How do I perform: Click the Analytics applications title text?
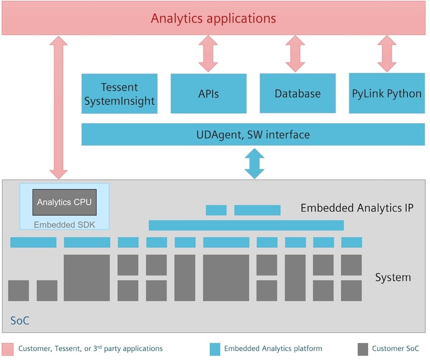(x=213, y=19)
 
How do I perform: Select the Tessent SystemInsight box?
(x=119, y=94)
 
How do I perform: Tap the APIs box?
(x=208, y=94)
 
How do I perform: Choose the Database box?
(x=297, y=93)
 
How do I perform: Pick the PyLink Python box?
(x=386, y=93)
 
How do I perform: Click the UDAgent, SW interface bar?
(x=253, y=134)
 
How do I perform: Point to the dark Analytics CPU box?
(x=64, y=202)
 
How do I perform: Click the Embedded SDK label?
(x=64, y=224)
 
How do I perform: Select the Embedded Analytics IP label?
(x=357, y=208)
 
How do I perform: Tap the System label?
(x=393, y=277)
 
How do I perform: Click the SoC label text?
(x=20, y=321)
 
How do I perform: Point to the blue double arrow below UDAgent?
(x=254, y=164)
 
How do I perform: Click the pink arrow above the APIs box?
(x=208, y=54)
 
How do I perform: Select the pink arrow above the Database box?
(x=295, y=54)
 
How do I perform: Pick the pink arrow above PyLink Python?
(x=386, y=54)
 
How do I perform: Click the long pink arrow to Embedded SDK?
(x=59, y=108)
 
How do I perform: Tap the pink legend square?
(x=8, y=349)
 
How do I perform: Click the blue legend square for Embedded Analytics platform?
(x=215, y=349)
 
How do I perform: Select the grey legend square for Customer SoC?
(x=363, y=349)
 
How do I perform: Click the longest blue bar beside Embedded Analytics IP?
(x=246, y=226)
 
